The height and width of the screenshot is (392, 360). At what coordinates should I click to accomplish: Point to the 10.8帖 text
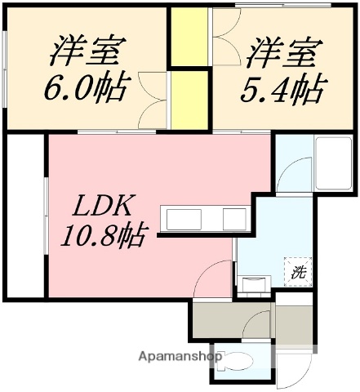[x=102, y=237]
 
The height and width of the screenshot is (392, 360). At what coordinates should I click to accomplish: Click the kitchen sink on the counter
[x=184, y=220]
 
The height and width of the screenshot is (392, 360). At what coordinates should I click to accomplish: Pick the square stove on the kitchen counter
[x=235, y=220]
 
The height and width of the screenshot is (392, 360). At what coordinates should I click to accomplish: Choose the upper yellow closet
[x=187, y=38]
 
